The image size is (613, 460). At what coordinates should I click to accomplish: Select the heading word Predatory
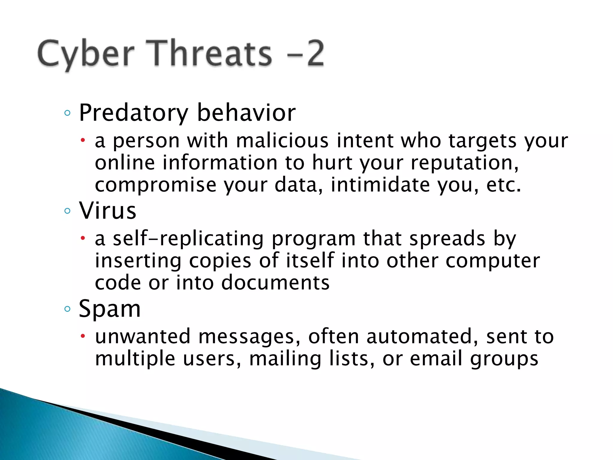pos(133,113)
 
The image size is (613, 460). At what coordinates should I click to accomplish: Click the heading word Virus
pos(107,211)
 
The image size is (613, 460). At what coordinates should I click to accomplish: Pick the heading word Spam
pos(110,308)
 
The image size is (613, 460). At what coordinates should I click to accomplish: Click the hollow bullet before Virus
pos(67,211)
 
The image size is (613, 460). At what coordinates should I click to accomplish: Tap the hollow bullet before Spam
pos(67,309)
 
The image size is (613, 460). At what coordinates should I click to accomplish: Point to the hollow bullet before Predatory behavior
pos(67,113)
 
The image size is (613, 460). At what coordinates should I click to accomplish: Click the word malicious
pos(282,140)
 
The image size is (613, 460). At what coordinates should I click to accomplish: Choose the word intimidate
pos(380,185)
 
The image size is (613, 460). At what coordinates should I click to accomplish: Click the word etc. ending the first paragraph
pos(503,185)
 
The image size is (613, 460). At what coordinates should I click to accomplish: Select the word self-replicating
pos(188,239)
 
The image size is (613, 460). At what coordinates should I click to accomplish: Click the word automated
pos(422,336)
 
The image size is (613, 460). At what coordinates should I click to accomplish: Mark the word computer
pos(493,261)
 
